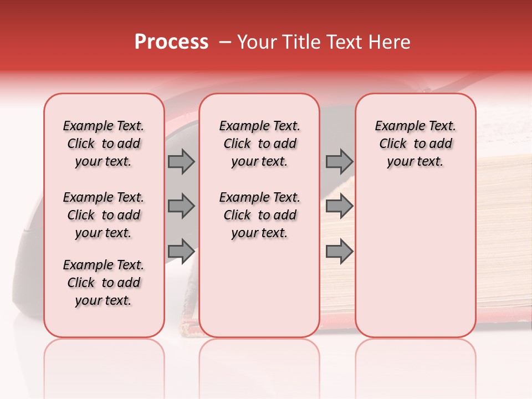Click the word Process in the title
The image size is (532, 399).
pos(171,42)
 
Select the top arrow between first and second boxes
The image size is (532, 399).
pos(181,162)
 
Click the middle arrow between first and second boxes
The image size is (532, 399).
pos(181,206)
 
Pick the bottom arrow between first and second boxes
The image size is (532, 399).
pos(181,252)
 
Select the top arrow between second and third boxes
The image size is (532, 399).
pos(339,162)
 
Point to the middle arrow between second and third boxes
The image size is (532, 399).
pos(339,206)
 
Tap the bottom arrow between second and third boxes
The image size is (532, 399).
pos(339,252)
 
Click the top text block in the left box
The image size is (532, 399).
pos(104,144)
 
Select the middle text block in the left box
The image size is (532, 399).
pos(104,215)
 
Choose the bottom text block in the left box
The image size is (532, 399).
pos(104,283)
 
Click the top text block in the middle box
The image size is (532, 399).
pos(259,144)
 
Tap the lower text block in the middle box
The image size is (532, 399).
pos(259,215)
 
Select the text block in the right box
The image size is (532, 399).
pos(416,144)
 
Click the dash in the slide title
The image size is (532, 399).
pos(226,42)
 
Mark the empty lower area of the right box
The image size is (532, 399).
pos(416,255)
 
